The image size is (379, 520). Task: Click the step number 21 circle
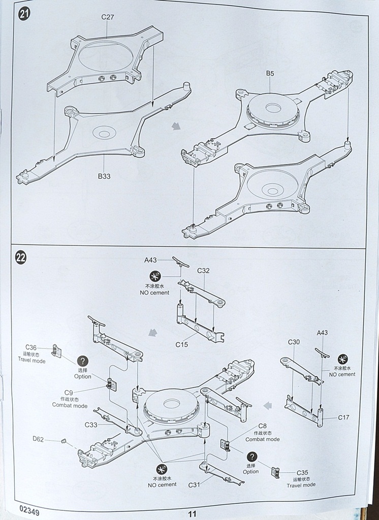point(23,14)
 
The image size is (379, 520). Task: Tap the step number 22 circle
point(21,257)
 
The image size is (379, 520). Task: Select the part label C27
point(107,17)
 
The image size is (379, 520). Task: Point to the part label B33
point(104,176)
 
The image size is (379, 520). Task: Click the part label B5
point(270,74)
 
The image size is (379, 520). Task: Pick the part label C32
point(203,270)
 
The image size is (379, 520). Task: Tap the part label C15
point(182,344)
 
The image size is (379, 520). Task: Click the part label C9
point(69,392)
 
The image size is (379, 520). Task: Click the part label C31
point(195,484)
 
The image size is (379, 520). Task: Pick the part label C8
point(263,426)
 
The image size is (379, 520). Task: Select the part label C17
point(344,417)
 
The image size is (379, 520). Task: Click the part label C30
point(294,342)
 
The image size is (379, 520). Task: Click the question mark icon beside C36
point(83,361)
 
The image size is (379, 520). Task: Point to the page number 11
point(192,513)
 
